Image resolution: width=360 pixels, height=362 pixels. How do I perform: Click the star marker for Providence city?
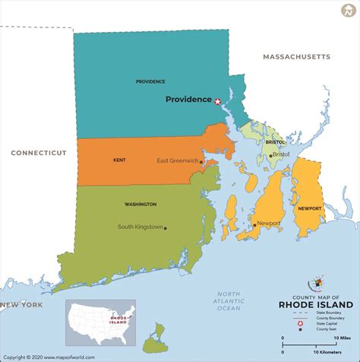point(218,101)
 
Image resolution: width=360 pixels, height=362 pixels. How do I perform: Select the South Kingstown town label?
point(140,227)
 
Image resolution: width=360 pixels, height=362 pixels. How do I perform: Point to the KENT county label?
point(118,160)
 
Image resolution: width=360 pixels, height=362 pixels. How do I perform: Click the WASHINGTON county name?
point(141,204)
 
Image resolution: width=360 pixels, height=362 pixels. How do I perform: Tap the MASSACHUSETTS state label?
point(296,57)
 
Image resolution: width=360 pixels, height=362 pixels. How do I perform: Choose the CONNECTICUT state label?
point(39,153)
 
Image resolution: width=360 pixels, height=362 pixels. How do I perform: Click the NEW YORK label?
point(21,305)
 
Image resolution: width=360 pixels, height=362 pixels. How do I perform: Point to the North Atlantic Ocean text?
point(229,301)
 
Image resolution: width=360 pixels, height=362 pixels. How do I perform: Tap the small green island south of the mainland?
point(157,332)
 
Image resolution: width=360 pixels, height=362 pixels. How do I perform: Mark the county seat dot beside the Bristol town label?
point(270,155)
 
